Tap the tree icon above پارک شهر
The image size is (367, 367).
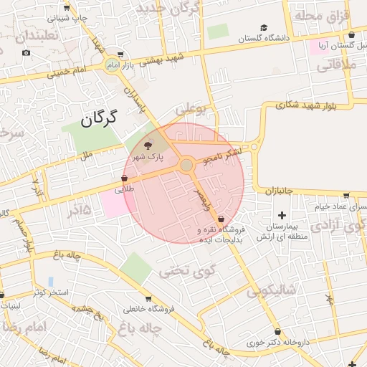[148, 145]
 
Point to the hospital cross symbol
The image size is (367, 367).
[281, 215]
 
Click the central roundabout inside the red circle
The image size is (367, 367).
[186, 166]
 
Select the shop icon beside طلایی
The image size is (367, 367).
[125, 178]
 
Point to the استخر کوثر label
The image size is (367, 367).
[49, 292]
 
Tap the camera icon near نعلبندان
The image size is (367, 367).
[27, 53]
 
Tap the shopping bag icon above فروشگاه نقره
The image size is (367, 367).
[221, 218]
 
